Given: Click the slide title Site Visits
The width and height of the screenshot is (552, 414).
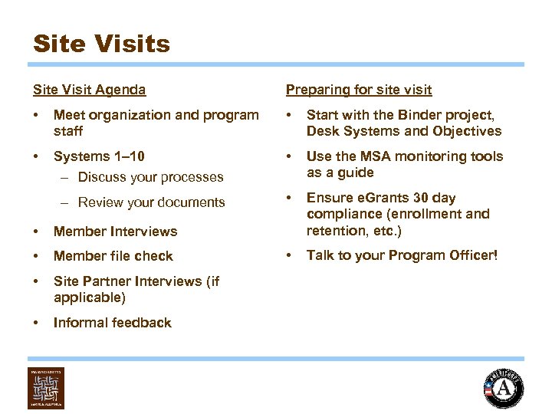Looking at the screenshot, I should tap(101, 43).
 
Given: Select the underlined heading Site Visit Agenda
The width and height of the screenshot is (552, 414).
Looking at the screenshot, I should tap(89, 90).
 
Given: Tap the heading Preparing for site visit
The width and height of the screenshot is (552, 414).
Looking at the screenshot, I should tap(358, 90).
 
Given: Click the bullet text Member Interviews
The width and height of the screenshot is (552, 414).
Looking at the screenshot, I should tap(115, 232).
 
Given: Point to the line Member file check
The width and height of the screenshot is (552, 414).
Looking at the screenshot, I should tap(113, 256).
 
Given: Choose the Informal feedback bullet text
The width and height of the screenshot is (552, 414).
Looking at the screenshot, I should tap(112, 323).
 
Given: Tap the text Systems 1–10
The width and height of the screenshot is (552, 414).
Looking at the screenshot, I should tap(99, 156).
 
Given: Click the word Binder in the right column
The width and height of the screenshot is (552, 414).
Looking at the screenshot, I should tap(415, 115).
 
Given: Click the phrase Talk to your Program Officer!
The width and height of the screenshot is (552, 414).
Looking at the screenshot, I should tap(402, 255).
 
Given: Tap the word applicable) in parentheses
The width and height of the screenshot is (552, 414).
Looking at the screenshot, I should tap(90, 297).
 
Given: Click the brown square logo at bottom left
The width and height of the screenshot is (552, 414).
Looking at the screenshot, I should tap(45, 388).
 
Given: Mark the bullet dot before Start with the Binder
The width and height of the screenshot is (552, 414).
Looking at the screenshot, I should tap(289, 115).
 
